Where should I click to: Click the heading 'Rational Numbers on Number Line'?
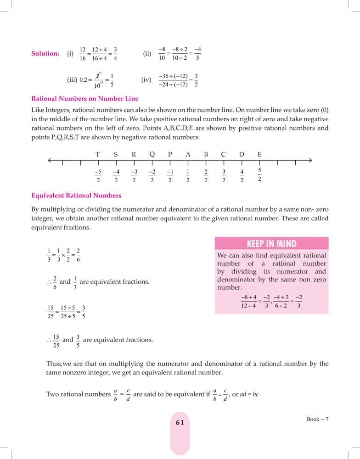click(x=84, y=99)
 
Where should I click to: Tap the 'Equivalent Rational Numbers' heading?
click(x=76, y=196)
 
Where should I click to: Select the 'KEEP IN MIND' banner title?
click(x=271, y=244)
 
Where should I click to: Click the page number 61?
click(x=180, y=423)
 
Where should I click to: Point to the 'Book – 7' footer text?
click(x=318, y=419)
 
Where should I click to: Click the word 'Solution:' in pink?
click(x=45, y=54)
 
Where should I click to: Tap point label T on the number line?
click(x=98, y=155)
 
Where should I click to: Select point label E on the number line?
click(x=259, y=155)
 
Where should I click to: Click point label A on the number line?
click(x=188, y=155)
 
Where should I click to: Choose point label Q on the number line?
click(x=152, y=155)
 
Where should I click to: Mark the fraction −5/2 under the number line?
click(x=98, y=176)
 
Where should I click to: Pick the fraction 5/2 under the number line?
click(x=259, y=175)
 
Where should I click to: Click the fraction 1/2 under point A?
click(x=188, y=176)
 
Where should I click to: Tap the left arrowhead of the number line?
click(x=50, y=160)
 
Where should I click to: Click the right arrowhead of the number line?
click(x=310, y=160)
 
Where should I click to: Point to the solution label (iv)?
click(x=146, y=80)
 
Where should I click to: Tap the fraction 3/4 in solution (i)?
click(x=115, y=54)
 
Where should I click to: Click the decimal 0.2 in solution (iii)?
click(x=84, y=80)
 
